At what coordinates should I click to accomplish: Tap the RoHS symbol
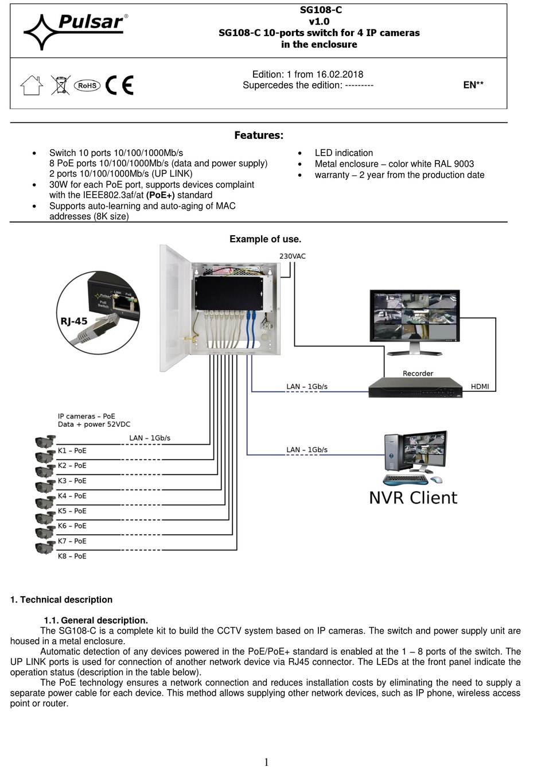(x=87, y=85)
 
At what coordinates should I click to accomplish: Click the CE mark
(x=119, y=85)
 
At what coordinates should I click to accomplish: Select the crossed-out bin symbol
(x=60, y=85)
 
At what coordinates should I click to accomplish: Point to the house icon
(x=32, y=85)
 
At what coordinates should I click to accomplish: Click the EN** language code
(x=473, y=85)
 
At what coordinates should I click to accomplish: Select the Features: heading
(x=258, y=135)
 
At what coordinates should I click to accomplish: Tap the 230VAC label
(x=292, y=256)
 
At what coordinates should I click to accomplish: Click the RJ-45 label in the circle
(x=74, y=321)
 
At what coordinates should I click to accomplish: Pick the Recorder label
(x=418, y=374)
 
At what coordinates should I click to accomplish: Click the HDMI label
(x=480, y=387)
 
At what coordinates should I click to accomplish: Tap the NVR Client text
(x=413, y=498)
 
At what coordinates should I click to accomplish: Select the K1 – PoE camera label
(x=72, y=451)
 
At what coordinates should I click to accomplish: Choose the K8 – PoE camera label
(x=72, y=557)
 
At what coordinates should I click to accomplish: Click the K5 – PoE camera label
(x=72, y=511)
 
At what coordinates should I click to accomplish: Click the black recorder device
(x=415, y=388)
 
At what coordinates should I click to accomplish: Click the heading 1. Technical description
(x=61, y=600)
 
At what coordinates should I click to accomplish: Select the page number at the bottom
(x=266, y=762)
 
